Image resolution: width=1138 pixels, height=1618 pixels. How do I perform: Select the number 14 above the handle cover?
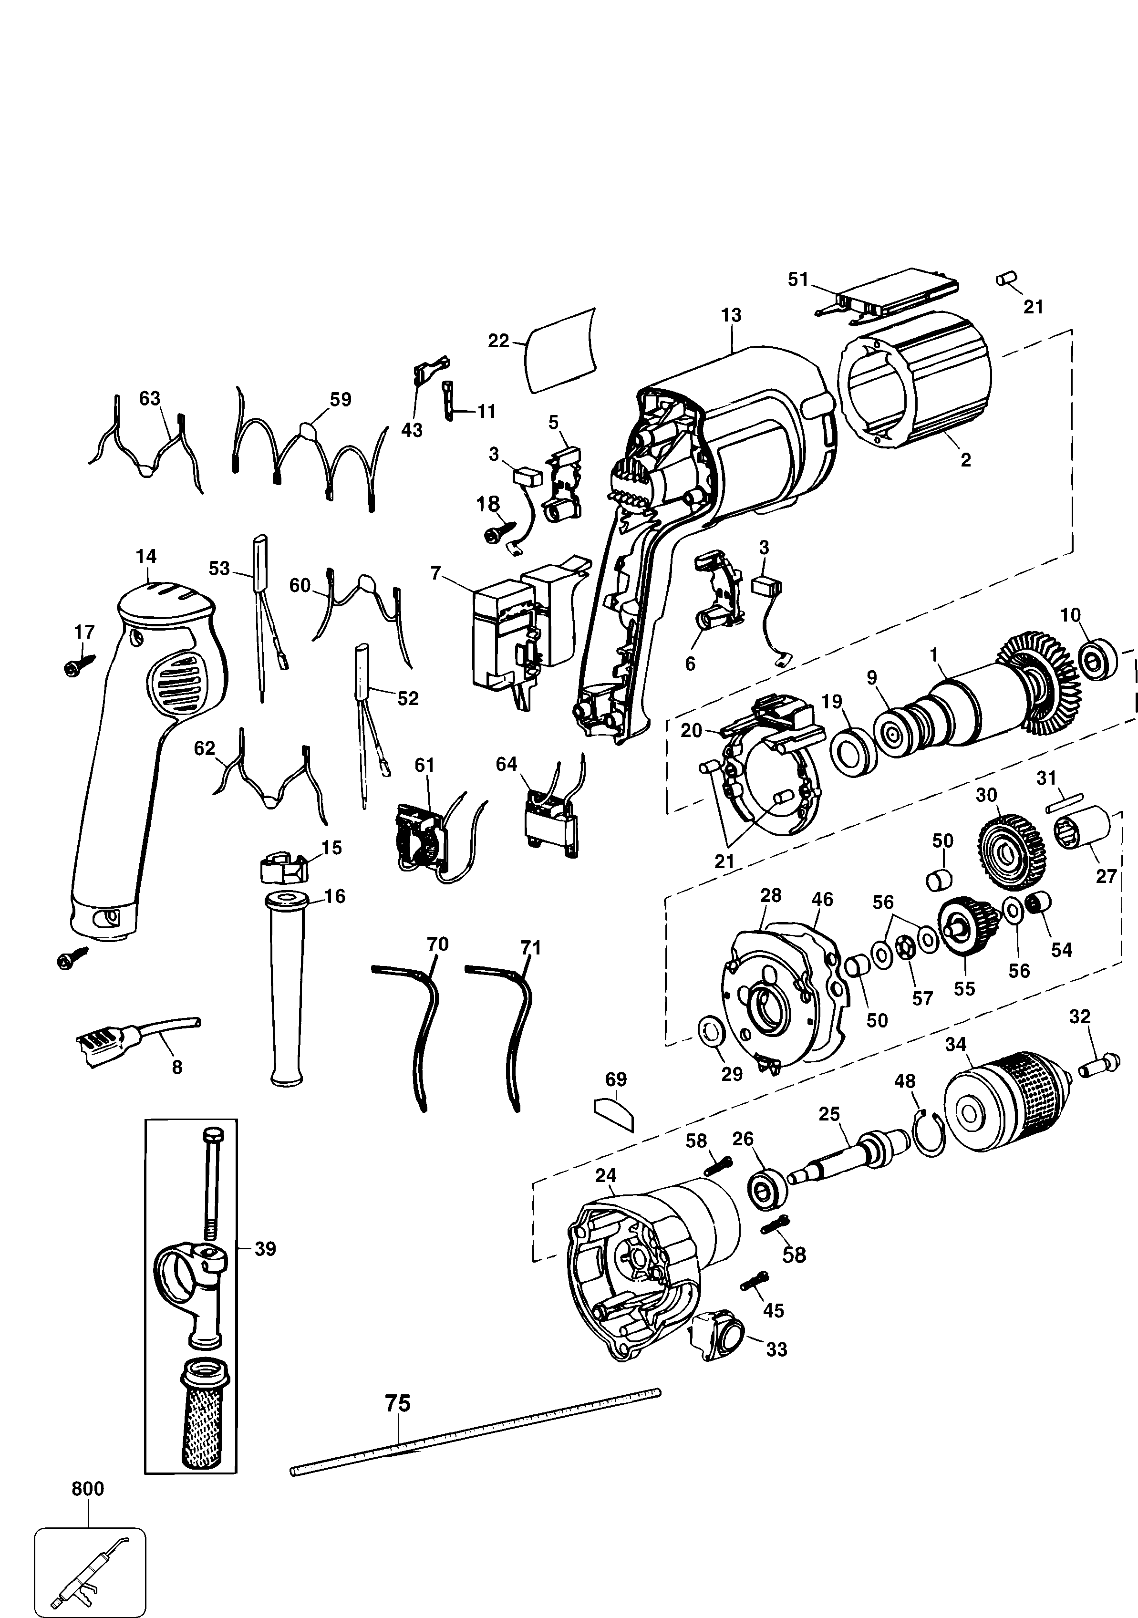(x=146, y=556)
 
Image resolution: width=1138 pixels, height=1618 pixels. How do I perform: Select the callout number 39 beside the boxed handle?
(x=265, y=1249)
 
